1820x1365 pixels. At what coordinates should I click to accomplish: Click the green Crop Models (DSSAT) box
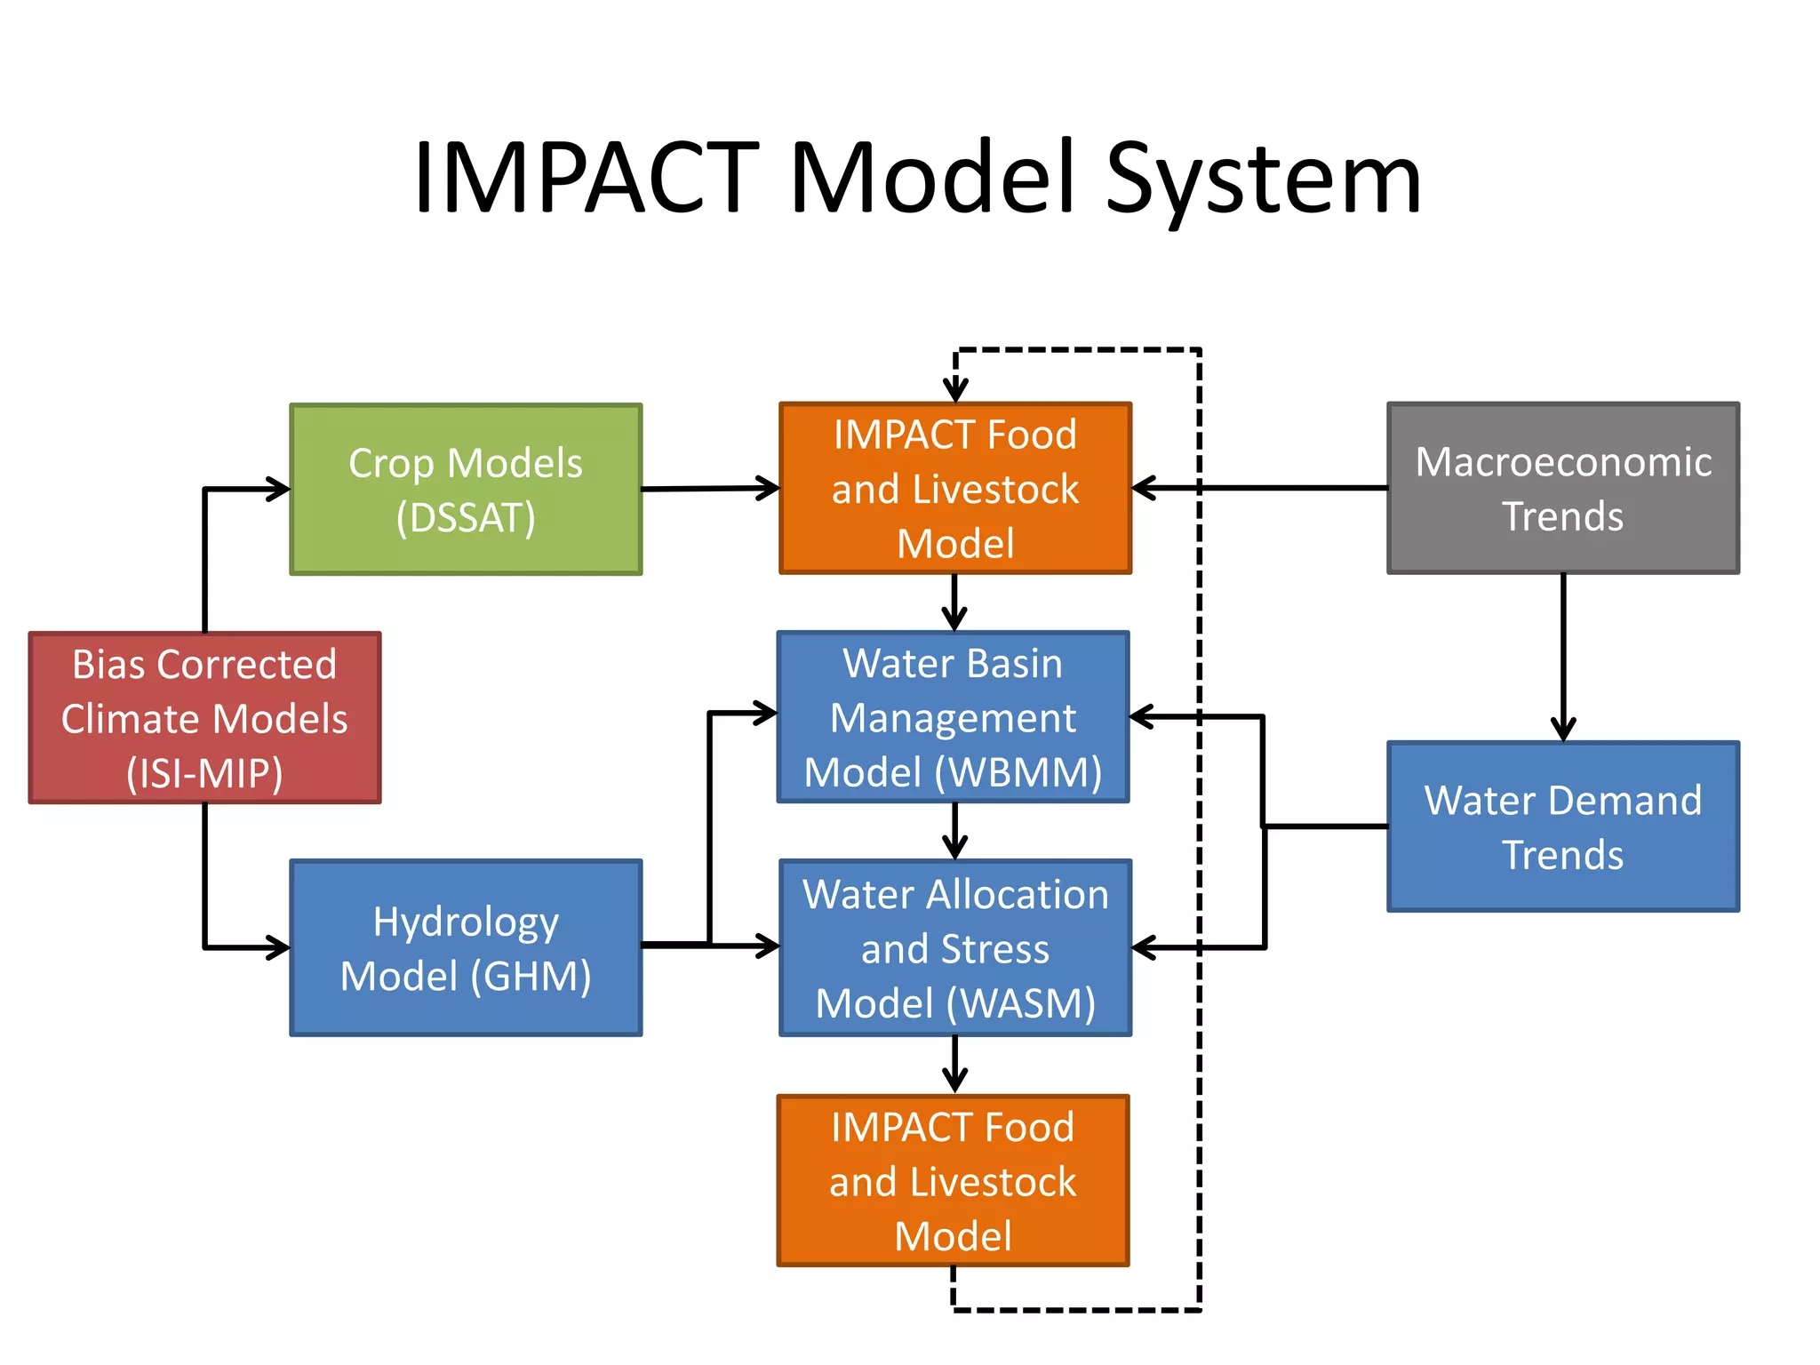tap(466, 489)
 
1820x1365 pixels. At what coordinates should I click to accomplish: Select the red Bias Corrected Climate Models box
tap(204, 718)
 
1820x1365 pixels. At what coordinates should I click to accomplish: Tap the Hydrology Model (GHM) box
tap(466, 947)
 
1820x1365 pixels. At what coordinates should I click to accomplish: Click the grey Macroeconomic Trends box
tap(1562, 488)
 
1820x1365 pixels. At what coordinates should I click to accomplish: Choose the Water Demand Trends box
tap(1562, 826)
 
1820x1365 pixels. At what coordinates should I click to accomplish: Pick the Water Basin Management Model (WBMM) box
tap(953, 717)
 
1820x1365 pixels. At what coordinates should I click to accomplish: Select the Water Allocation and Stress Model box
tap(954, 947)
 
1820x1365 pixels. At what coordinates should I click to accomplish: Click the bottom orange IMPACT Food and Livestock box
tap(953, 1180)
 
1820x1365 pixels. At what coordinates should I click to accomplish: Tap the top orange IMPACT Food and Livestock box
tap(954, 488)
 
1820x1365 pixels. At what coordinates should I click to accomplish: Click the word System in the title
tap(1263, 180)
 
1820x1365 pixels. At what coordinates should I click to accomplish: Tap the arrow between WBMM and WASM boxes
tap(954, 832)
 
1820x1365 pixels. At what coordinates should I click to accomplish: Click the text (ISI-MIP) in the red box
tap(204, 773)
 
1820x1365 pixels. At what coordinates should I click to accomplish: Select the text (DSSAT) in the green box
tap(466, 517)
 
